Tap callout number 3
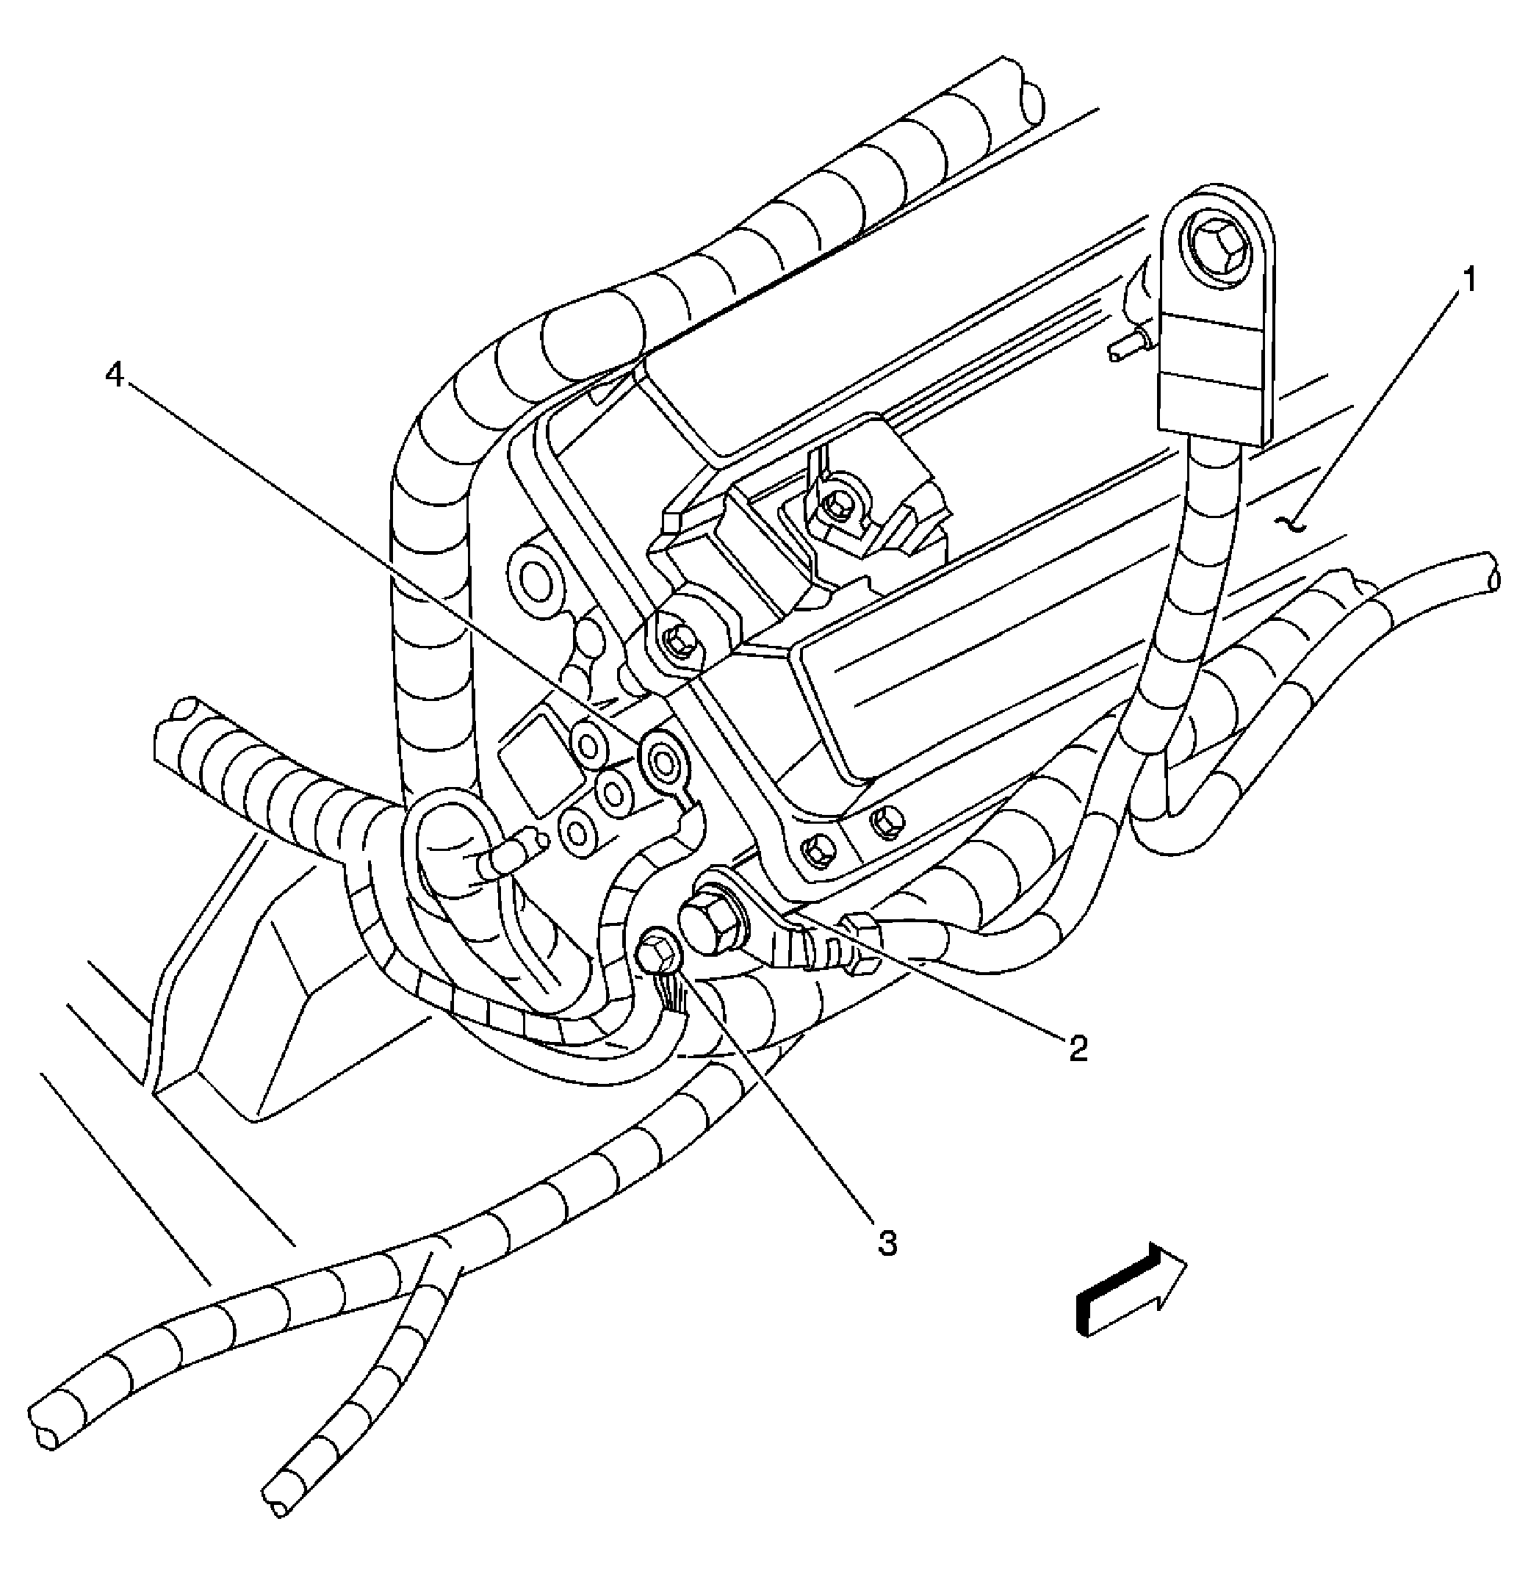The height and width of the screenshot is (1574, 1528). (x=887, y=1243)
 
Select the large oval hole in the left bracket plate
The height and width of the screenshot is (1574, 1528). (x=533, y=578)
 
